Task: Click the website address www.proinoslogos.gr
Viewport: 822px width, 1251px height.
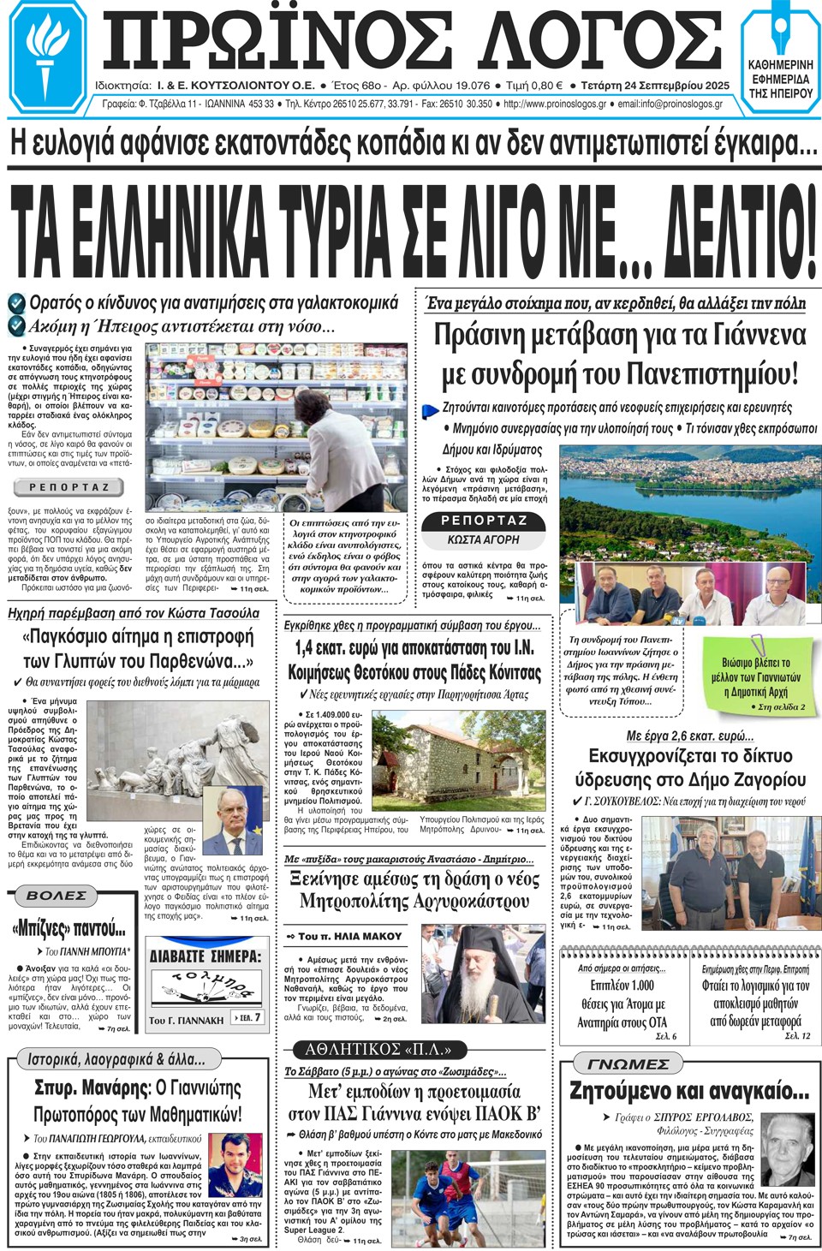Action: click(x=555, y=104)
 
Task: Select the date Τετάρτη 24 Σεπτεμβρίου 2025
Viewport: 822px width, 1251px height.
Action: click(x=655, y=86)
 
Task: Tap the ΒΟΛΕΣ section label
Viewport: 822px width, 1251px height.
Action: click(x=57, y=896)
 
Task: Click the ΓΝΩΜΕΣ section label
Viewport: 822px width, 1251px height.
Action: click(x=628, y=1064)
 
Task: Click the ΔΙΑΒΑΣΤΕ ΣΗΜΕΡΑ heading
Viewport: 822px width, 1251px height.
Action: click(x=205, y=956)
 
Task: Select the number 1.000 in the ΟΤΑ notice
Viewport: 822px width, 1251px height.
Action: click(x=640, y=986)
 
